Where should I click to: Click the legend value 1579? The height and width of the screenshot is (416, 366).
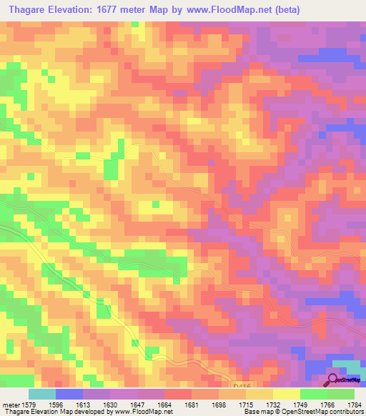click(x=31, y=404)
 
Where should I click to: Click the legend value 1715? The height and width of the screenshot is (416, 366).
click(x=249, y=404)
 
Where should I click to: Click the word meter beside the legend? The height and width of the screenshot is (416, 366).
click(x=10, y=404)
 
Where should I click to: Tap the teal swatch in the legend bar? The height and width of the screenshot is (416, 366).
click(x=42, y=394)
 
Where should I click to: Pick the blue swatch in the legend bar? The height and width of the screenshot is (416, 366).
click(x=69, y=394)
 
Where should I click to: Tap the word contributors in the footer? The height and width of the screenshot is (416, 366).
click(x=346, y=412)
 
